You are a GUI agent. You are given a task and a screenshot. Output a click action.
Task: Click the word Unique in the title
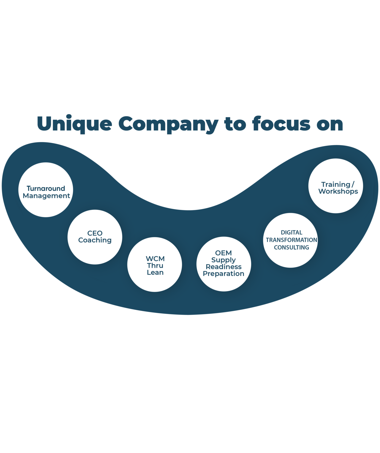(74, 124)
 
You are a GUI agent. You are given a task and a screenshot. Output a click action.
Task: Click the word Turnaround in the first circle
(46, 188)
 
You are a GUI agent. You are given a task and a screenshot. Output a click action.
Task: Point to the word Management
(46, 196)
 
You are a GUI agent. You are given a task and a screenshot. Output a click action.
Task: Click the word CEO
(95, 233)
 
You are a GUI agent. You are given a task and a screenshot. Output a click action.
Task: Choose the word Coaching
(95, 240)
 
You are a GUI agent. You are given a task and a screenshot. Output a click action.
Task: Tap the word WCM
(155, 259)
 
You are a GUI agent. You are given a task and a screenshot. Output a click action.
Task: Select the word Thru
(155, 265)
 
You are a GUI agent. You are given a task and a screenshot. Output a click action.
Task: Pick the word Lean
(155, 272)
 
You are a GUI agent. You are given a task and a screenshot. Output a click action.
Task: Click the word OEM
(223, 253)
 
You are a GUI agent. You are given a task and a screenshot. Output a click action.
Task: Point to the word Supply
(223, 260)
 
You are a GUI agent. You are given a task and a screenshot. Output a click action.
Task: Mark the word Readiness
(223, 267)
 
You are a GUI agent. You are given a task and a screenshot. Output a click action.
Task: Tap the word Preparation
(223, 274)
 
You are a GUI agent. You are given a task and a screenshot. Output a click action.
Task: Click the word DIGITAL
(291, 232)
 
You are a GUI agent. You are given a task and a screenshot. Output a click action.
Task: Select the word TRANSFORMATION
(291, 240)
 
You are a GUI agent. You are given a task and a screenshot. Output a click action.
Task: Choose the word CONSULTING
(291, 247)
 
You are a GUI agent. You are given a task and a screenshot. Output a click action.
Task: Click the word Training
(335, 185)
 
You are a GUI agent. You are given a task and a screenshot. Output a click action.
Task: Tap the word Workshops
(338, 191)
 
